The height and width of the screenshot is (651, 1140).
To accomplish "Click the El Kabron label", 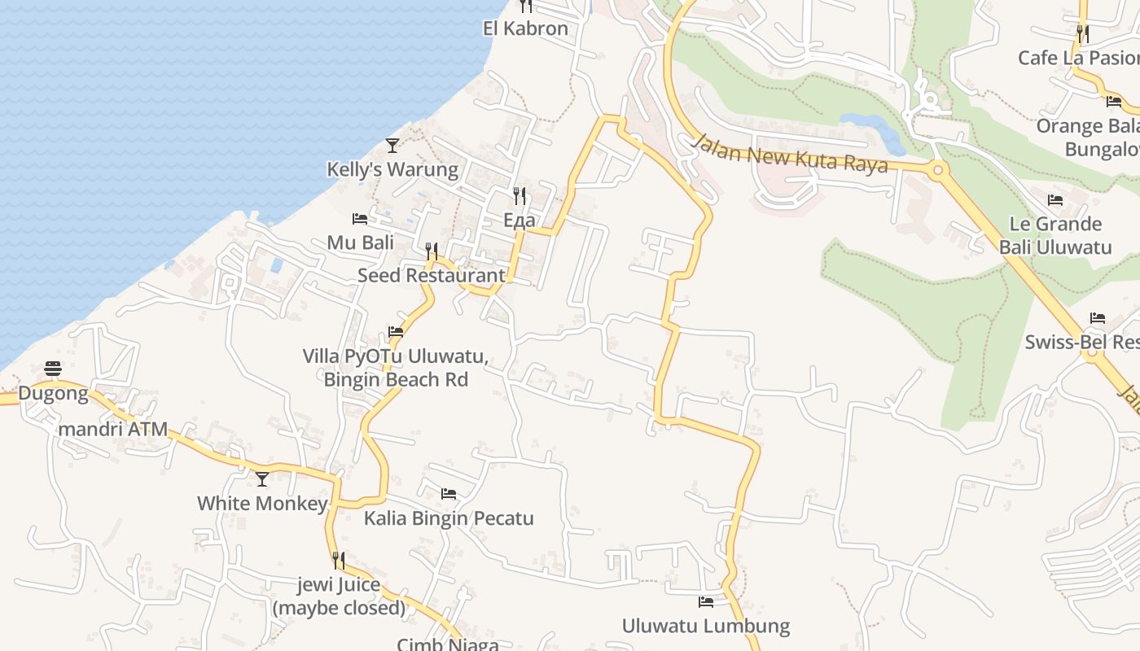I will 525,28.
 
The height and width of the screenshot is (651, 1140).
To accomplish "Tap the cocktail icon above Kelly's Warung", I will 392,146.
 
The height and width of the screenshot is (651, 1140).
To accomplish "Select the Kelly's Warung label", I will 392,170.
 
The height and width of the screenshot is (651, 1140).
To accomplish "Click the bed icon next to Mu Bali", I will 360,218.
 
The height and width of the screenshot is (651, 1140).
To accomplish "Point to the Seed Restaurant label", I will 432,275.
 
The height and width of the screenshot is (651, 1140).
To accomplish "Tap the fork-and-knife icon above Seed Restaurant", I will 432,251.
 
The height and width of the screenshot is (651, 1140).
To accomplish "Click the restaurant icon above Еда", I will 520,195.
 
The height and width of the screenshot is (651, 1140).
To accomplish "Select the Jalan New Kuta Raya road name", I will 788,154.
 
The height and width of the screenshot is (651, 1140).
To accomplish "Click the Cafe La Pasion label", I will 1078,58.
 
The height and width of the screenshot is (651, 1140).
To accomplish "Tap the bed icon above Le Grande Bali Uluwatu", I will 1055,200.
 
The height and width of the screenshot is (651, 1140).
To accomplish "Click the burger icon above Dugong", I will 53,369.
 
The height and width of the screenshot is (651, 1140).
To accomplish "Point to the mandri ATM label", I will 113,429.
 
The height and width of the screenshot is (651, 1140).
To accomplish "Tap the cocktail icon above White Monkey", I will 262,479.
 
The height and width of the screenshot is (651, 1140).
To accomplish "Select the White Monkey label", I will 262,504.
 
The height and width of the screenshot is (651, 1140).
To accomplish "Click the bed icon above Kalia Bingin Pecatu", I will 449,494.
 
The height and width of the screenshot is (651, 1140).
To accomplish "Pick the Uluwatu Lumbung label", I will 706,626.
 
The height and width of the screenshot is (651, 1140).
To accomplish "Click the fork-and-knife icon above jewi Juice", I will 339,560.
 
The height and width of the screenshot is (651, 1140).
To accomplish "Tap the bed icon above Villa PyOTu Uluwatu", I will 396,332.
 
